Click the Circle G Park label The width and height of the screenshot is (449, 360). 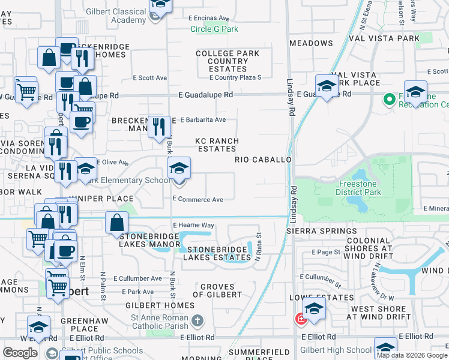[214, 29]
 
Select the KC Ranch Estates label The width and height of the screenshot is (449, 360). [217, 145]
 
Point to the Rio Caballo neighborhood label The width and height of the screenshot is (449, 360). [263, 160]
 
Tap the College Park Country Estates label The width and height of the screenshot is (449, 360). [228, 61]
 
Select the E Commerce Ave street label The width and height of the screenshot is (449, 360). [198, 199]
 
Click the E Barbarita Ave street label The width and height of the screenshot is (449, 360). [203, 119]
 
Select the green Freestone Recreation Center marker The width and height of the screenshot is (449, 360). [388, 98]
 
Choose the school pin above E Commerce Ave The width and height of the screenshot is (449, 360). [179, 169]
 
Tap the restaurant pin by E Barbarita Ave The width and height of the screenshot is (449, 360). [159, 127]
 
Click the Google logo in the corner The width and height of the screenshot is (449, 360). [20, 353]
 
